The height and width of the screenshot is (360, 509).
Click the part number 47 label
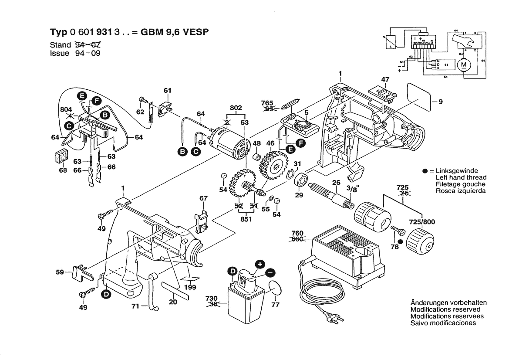385,80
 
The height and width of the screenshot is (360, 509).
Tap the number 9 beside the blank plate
440,102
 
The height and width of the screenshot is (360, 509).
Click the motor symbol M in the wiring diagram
463,65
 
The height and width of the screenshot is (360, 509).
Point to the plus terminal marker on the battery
260,264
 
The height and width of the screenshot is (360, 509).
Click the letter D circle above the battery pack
233,272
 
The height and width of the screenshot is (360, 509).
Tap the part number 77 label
275,305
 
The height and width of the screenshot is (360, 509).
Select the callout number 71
136,307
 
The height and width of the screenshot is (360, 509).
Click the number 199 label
190,287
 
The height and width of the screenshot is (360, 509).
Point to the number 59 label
61,272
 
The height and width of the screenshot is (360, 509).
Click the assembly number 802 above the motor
236,107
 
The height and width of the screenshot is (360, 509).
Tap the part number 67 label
203,198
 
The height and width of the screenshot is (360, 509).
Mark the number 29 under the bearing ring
299,195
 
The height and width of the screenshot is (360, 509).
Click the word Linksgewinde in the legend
457,171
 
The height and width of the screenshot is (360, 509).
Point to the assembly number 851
246,220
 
